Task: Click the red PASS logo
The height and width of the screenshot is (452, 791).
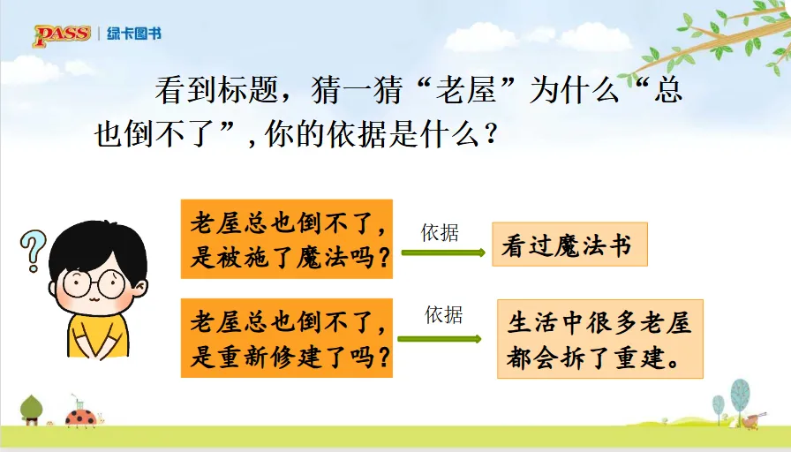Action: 62,35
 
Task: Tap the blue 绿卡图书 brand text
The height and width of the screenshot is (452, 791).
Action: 133,34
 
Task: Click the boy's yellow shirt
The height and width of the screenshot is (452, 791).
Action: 98,335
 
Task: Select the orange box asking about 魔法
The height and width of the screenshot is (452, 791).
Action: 287,238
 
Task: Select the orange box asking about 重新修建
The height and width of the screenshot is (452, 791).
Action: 287,338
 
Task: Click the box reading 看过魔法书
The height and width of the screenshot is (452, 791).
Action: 569,245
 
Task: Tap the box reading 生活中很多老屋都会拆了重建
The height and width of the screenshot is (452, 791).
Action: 599,339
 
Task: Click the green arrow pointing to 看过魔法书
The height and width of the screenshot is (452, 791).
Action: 443,252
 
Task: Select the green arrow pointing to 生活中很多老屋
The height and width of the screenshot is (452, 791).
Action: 440,338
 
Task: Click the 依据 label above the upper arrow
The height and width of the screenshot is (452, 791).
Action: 440,233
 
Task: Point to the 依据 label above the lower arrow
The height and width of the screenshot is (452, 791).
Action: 444,315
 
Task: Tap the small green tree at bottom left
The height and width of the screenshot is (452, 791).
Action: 31,410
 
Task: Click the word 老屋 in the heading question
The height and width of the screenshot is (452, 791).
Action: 465,91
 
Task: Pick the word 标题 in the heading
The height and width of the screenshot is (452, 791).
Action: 248,91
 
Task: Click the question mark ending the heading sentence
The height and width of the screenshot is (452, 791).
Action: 490,134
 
